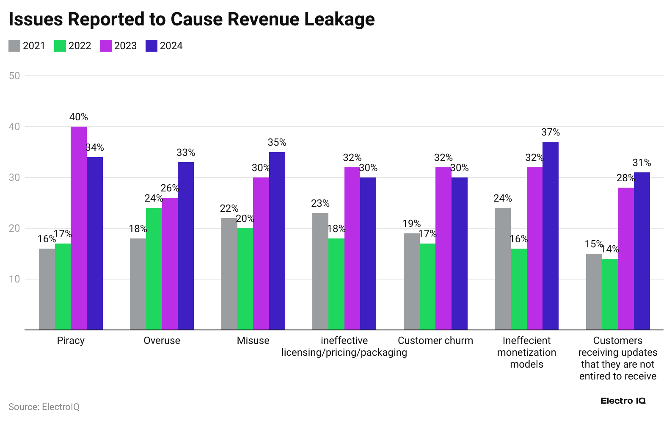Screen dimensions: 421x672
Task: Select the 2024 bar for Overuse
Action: (186, 246)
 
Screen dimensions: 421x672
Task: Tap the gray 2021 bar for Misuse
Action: (229, 274)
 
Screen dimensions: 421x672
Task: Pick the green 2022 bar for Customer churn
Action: (427, 286)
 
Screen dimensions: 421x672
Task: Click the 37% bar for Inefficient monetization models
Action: (551, 235)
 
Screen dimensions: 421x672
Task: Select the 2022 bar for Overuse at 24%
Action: (154, 269)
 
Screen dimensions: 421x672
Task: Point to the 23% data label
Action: (320, 204)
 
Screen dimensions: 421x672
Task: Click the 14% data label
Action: (610, 249)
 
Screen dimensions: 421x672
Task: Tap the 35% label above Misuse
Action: (277, 143)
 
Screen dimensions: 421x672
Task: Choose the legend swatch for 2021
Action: (14, 46)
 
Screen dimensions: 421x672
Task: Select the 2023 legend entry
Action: (118, 46)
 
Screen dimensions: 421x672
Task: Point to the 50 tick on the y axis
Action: (14, 76)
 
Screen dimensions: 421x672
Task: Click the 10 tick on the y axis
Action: (14, 279)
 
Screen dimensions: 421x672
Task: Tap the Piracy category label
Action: (71, 341)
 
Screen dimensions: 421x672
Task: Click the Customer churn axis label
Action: (435, 341)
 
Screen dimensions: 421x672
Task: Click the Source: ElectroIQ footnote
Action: (44, 407)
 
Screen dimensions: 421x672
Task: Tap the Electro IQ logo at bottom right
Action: (623, 401)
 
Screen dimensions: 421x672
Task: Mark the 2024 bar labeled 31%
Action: (642, 251)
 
